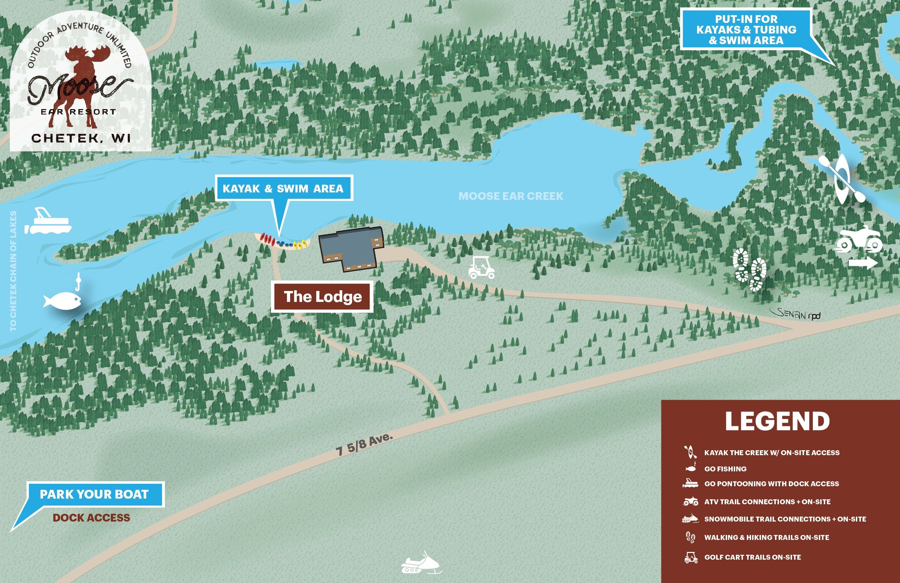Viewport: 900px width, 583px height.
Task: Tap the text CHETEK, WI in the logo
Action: point(81,138)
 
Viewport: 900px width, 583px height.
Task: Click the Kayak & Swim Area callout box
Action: point(284,188)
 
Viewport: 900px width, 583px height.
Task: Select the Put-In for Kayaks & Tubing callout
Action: point(746,30)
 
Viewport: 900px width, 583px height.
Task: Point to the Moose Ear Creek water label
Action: point(510,196)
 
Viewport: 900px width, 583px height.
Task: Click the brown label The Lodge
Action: point(322,297)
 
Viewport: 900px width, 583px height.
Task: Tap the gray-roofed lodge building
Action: point(350,248)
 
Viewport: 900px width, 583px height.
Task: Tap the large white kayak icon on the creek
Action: point(842,179)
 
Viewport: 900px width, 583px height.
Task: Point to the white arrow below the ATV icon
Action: point(863,263)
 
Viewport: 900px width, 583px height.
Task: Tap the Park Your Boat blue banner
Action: point(95,494)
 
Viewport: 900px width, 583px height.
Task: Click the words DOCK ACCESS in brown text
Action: point(91,518)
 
